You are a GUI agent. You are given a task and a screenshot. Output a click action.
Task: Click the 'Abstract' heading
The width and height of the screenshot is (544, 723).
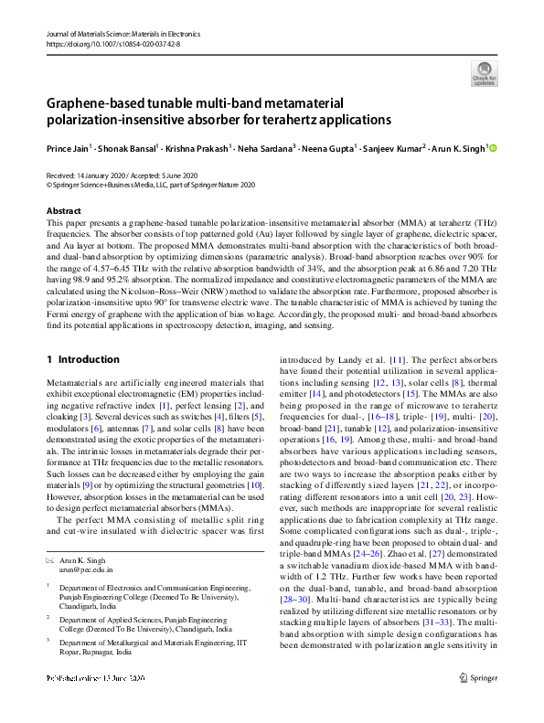click(63, 211)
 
